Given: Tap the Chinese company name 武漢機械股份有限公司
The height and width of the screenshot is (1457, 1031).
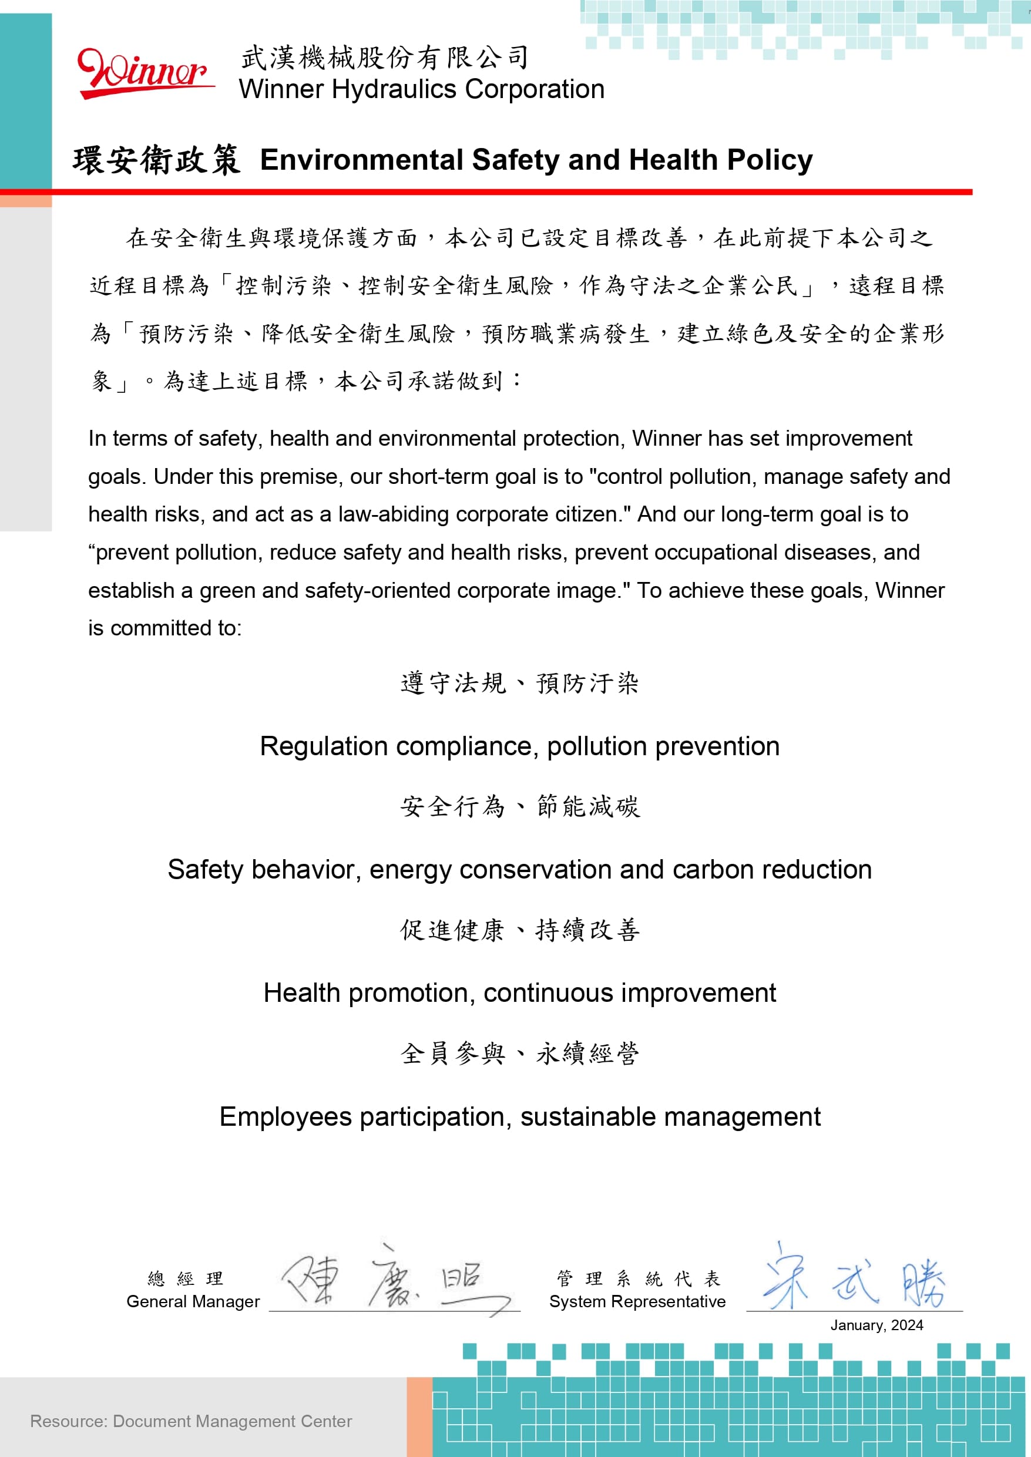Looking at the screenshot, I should coord(385,58).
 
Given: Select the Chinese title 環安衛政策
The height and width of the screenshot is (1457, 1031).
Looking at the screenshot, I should coord(156,160).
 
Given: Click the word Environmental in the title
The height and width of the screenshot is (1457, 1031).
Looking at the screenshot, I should coord(361,160).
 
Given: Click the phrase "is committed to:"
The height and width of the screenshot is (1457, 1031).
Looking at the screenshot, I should coord(165,628).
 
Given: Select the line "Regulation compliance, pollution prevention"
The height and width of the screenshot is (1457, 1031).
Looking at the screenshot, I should coord(519,746).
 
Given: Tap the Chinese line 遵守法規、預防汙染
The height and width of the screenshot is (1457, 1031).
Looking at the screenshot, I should coord(519,684).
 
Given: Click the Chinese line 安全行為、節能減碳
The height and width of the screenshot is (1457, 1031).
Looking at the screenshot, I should coord(519,806).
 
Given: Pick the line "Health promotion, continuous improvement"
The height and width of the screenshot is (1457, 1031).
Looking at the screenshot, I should coord(519,993).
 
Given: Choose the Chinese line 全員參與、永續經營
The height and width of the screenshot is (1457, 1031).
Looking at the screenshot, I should coord(519,1054).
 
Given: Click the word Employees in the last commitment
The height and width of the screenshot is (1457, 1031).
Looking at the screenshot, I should coord(285,1117).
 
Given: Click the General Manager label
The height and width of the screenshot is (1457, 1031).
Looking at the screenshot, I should coord(193,1301).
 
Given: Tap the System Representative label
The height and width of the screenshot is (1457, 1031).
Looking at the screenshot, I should coord(637,1301).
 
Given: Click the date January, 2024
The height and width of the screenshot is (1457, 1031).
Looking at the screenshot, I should coord(876,1325).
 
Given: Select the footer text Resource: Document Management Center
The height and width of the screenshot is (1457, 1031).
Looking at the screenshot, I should coord(190,1421).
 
